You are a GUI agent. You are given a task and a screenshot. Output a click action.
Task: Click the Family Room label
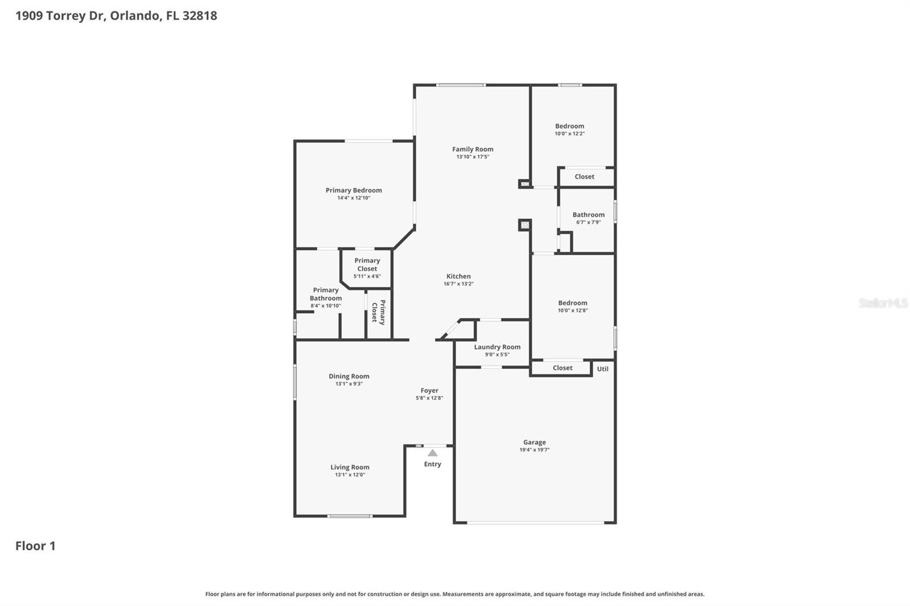pyautogui.click(x=473, y=150)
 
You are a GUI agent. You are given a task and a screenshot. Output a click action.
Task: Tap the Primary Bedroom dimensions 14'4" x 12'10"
pyautogui.click(x=353, y=198)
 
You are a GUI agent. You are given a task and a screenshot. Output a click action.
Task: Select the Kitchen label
pyautogui.click(x=458, y=276)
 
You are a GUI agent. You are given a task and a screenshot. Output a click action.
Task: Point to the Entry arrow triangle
pyautogui.click(x=432, y=453)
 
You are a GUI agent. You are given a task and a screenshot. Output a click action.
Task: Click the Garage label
pyautogui.click(x=534, y=442)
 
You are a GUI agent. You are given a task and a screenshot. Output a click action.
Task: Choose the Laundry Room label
pyautogui.click(x=497, y=347)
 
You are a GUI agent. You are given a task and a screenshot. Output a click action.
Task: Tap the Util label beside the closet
pyautogui.click(x=602, y=369)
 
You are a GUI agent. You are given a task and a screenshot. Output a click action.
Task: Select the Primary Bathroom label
pyautogui.click(x=326, y=294)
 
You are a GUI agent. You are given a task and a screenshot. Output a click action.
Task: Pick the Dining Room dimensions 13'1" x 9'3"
pyautogui.click(x=349, y=384)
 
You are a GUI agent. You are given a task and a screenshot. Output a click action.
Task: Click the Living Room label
pyautogui.click(x=350, y=467)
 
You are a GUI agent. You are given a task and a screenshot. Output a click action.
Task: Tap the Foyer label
pyautogui.click(x=429, y=391)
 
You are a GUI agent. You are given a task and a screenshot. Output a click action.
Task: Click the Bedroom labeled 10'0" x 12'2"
pyautogui.click(x=569, y=126)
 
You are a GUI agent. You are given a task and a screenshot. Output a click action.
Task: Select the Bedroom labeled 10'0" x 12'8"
pyautogui.click(x=572, y=303)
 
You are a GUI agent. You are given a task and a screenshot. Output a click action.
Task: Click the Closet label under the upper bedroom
pyautogui.click(x=584, y=177)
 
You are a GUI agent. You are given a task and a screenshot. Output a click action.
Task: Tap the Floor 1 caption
pyautogui.click(x=35, y=546)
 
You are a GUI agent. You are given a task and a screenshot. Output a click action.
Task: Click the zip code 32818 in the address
pyautogui.click(x=200, y=15)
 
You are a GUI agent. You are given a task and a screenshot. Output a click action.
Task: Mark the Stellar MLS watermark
pyautogui.click(x=883, y=303)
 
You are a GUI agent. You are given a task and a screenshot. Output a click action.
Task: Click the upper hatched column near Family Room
pyautogui.click(x=524, y=184)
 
